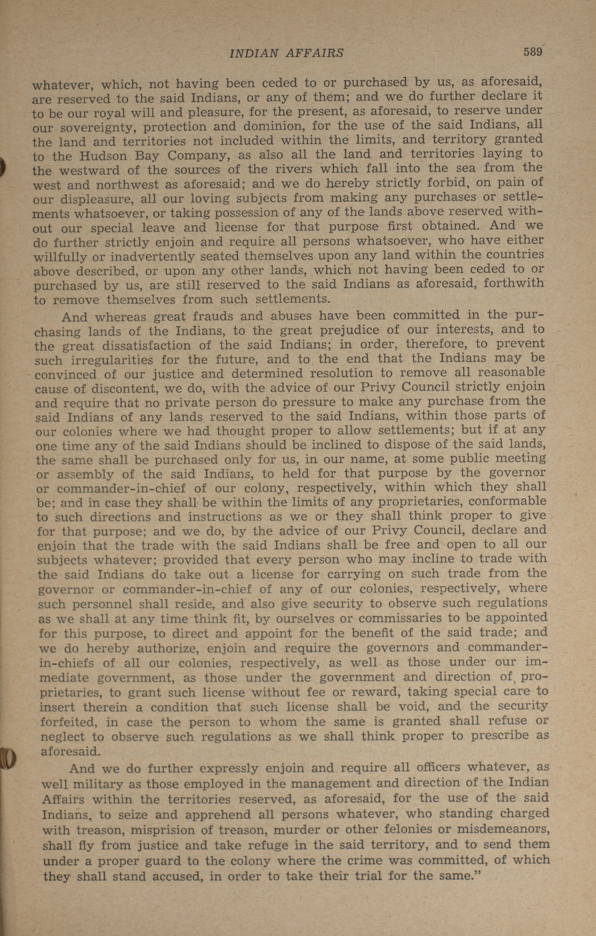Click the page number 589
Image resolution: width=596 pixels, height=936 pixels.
532,52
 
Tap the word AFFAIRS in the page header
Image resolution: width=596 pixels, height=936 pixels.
314,53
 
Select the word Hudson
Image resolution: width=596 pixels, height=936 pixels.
103,156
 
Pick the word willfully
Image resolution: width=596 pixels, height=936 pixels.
60,257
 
